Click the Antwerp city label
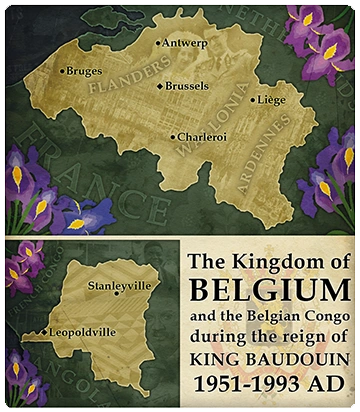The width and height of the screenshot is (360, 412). [186, 44]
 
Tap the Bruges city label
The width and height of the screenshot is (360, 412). [84, 71]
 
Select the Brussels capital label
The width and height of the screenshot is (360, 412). [190, 87]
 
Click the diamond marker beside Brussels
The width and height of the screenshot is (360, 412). [160, 87]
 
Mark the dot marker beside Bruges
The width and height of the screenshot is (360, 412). [62, 71]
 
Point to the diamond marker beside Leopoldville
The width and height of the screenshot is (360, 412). [42, 331]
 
